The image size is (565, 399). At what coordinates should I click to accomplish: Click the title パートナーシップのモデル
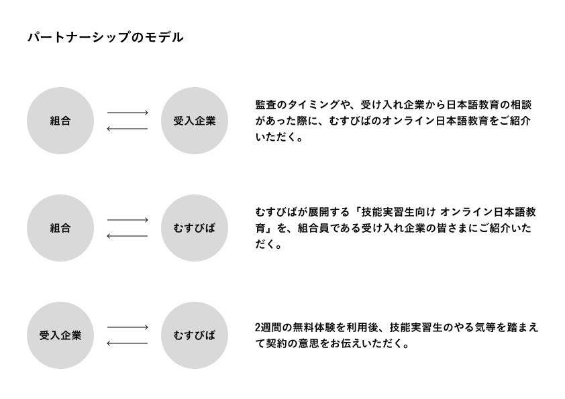pyautogui.click(x=105, y=38)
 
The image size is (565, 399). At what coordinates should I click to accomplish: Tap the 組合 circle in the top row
pyautogui.click(x=60, y=121)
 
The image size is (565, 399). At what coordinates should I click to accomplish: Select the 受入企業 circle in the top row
pyautogui.click(x=195, y=121)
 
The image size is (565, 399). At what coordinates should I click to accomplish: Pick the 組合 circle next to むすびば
pyautogui.click(x=60, y=228)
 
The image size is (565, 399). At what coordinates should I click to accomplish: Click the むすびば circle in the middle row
pyautogui.click(x=195, y=228)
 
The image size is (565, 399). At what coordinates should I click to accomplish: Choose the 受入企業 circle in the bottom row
pyautogui.click(x=60, y=335)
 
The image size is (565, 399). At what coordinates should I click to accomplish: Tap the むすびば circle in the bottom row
pyautogui.click(x=195, y=335)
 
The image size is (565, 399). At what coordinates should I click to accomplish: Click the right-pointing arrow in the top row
pyautogui.click(x=127, y=113)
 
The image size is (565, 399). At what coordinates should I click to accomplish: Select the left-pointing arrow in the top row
pyautogui.click(x=127, y=128)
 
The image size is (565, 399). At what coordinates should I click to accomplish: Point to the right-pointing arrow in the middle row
pyautogui.click(x=127, y=220)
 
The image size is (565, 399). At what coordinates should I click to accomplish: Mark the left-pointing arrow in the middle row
pyautogui.click(x=127, y=235)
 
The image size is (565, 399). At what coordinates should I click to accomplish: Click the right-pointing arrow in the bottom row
pyautogui.click(x=127, y=327)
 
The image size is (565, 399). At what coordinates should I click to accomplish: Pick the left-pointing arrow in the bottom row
pyautogui.click(x=127, y=343)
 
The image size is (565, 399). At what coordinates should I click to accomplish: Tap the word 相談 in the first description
pyautogui.click(x=529, y=105)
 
